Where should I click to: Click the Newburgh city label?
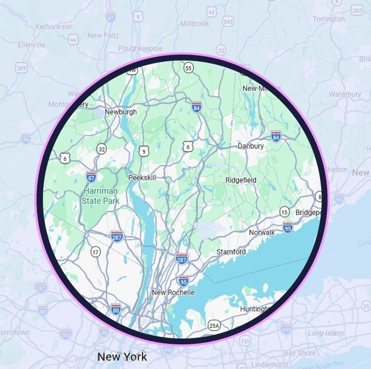120,112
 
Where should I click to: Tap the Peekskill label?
142,178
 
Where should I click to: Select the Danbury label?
251,146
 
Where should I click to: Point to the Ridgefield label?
241,180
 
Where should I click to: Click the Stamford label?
231,251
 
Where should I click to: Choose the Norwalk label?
262,233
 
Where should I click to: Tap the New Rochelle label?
173,293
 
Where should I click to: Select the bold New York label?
122,356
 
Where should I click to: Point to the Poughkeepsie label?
140,47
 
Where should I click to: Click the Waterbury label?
345,94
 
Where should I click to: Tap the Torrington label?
329,19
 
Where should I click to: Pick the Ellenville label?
31,45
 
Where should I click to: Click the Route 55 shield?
188,68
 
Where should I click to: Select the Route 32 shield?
102,148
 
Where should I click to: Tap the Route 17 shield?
95,251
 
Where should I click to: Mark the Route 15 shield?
284,213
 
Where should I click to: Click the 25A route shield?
214,325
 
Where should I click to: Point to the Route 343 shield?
228,21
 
